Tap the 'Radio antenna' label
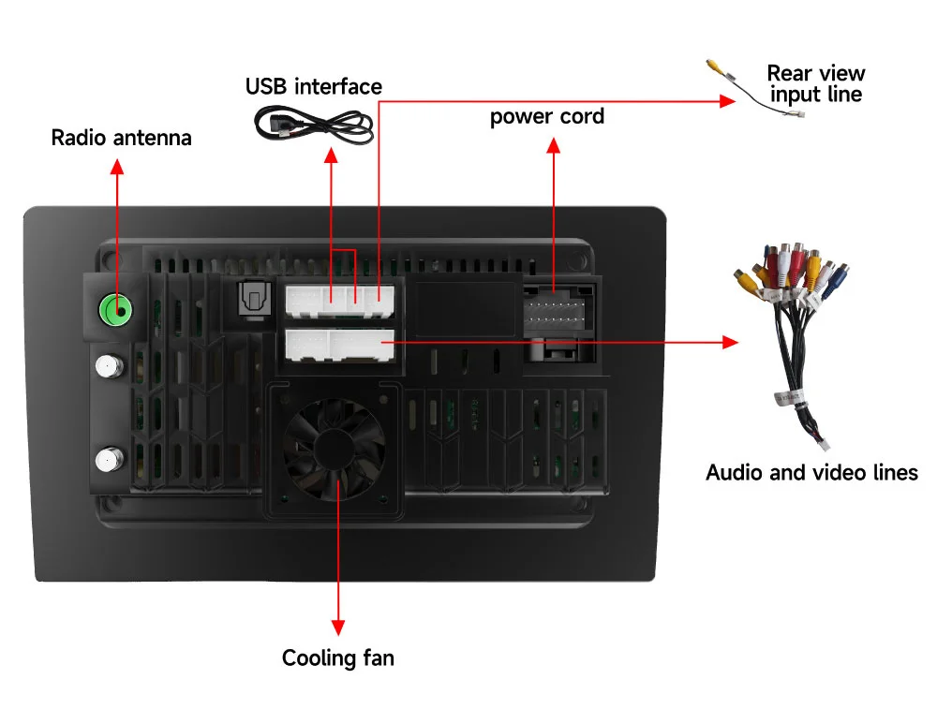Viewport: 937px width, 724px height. [121, 138]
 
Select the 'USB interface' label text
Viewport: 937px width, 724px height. [314, 87]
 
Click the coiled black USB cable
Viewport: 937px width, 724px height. [315, 126]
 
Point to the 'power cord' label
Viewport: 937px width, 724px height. [547, 117]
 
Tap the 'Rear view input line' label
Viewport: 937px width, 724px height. [815, 83]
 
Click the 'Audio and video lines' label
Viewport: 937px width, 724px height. [811, 472]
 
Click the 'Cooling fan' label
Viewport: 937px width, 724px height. [338, 658]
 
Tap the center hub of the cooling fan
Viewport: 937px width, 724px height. [335, 451]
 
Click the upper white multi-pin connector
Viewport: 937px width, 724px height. [339, 299]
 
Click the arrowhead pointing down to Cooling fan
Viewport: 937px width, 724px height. [337, 628]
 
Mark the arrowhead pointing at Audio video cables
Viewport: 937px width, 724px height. [730, 343]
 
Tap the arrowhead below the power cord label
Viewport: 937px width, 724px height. [553, 147]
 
